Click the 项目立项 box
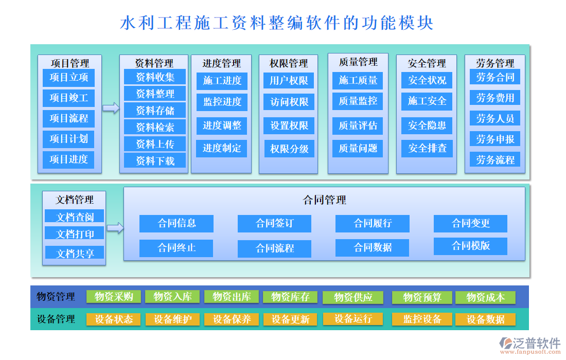coord(69,78)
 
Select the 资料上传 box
coord(155,144)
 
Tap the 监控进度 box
coord(222,102)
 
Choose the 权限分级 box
coord(289,149)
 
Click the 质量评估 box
coord(358,125)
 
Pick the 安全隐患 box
coord(427,125)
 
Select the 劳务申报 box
coord(495,139)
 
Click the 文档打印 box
coord(75,234)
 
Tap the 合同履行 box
coord(373,223)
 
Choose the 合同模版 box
coord(470,246)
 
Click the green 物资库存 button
coord(290,297)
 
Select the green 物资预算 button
coord(422,297)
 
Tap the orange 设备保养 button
coord(232,319)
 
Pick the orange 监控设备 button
coord(422,319)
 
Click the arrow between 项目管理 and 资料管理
coord(110,107)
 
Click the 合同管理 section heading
coord(324,200)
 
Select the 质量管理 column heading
coord(358,62)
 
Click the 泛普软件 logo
coord(530,344)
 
